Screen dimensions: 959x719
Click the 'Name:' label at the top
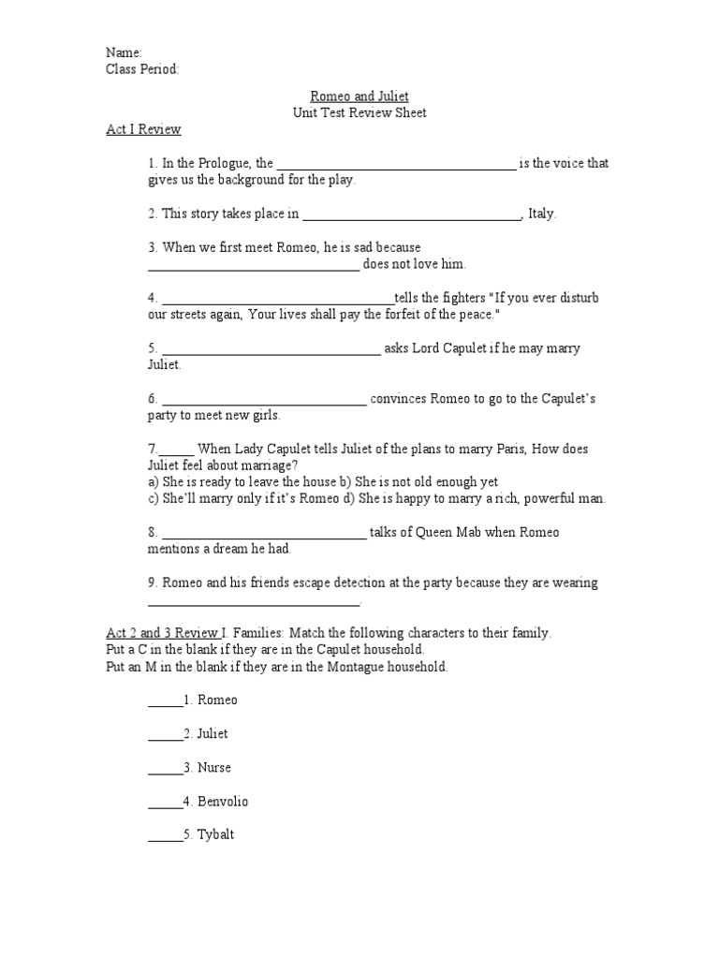124,52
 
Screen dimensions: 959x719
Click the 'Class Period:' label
142,69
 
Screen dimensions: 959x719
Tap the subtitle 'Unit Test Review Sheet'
359,112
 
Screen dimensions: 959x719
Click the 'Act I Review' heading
143,129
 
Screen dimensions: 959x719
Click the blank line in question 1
396,167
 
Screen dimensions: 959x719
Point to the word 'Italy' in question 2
540,214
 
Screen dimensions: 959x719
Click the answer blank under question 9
253,604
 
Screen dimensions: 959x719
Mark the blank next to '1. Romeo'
165,704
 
